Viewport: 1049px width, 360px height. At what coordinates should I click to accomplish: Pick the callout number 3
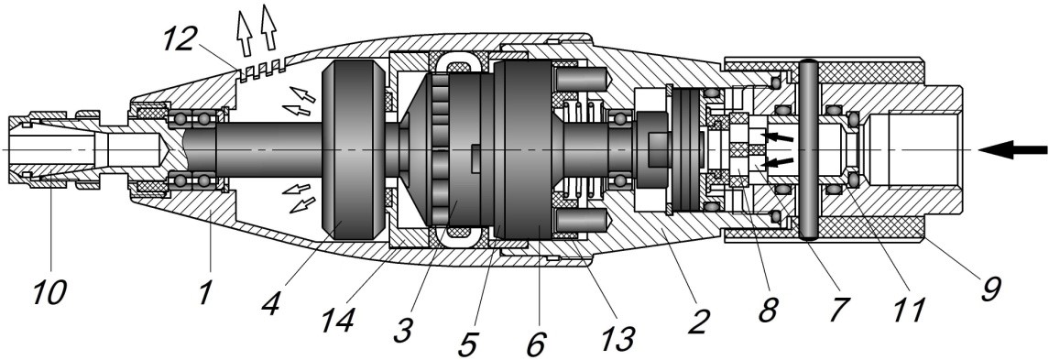[403, 330]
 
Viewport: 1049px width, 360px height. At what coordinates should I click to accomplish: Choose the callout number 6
[535, 344]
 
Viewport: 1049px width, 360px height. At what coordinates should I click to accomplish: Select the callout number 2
[698, 322]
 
